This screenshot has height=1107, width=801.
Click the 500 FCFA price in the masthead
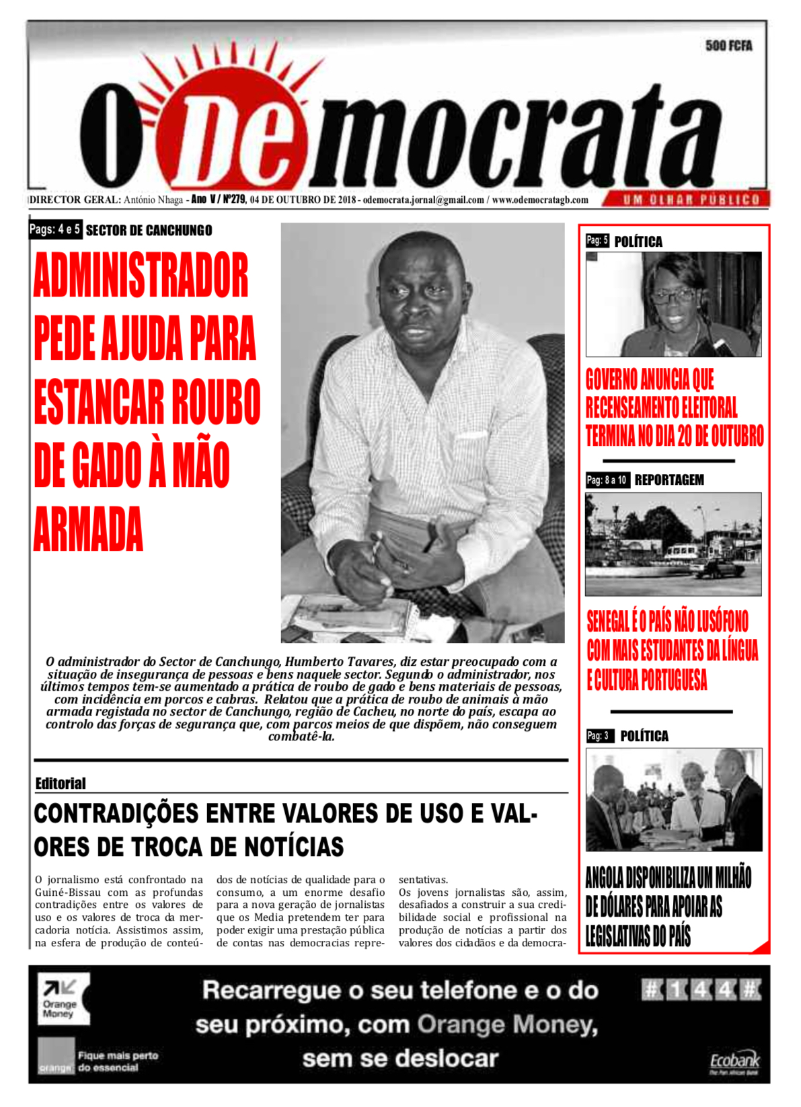pos(728,46)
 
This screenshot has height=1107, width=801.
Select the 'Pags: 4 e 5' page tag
pos(55,229)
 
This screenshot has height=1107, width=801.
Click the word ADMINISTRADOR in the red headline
pos(141,276)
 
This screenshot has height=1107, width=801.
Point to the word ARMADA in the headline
pos(88,529)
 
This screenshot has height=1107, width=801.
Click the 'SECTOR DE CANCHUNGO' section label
pos(149,231)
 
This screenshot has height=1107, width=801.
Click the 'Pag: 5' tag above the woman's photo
pos(597,240)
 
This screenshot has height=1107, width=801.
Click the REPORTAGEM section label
pos(669,480)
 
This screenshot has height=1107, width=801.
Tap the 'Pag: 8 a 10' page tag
pos(607,480)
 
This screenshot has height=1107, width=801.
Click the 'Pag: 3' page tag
pos(597,736)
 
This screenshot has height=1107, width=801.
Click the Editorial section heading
pos(61,784)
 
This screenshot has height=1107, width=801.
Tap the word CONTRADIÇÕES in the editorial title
pos(116,814)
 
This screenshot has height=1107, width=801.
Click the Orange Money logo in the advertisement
pos(63,998)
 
